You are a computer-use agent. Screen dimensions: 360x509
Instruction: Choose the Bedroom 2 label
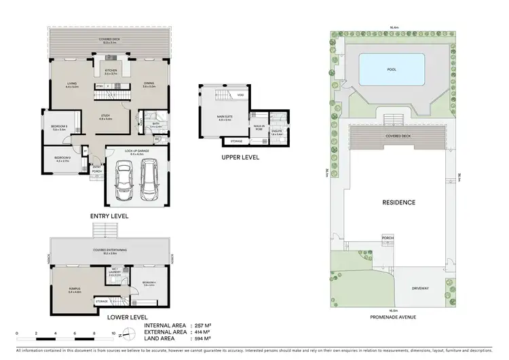(62, 160)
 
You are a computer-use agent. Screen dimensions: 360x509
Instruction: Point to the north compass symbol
(122, 334)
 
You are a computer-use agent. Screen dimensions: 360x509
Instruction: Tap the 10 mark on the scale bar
(113, 334)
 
